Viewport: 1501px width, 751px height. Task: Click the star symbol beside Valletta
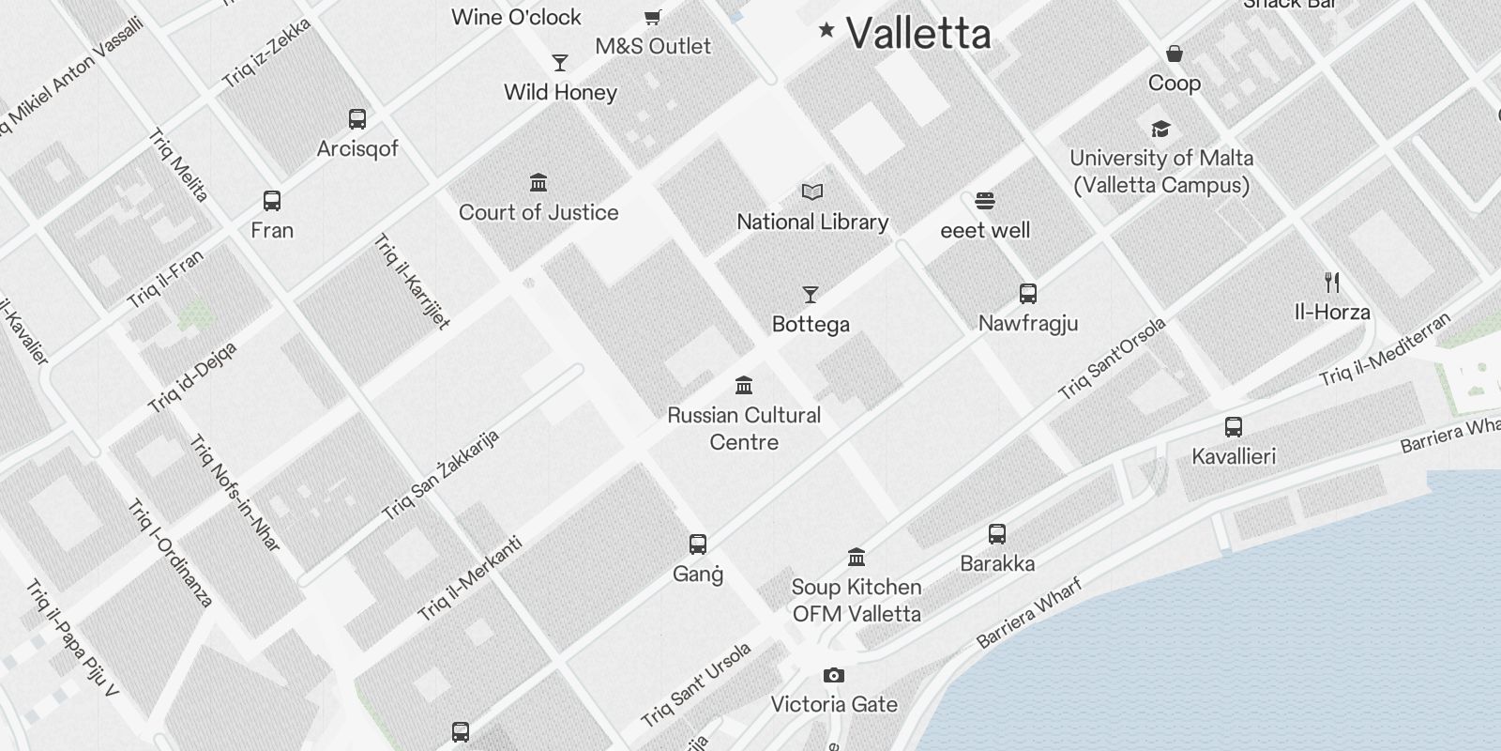tap(826, 30)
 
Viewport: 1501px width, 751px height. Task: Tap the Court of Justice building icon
tap(538, 182)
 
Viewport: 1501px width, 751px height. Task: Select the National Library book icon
tap(812, 192)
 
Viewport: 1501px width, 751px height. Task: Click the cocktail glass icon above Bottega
tap(811, 295)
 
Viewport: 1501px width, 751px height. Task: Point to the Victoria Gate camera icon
tap(834, 676)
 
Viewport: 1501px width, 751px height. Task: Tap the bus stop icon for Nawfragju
tap(1028, 294)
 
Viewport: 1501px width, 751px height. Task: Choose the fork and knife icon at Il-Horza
tap(1332, 282)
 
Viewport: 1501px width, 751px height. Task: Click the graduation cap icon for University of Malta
tap(1161, 130)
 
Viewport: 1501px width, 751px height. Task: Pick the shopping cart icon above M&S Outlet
tap(653, 17)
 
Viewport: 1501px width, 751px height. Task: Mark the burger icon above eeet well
tap(984, 201)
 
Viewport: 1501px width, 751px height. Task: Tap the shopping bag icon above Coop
tap(1175, 54)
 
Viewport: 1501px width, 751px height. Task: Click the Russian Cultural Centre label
tap(744, 428)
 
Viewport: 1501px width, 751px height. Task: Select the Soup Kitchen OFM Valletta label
tap(857, 600)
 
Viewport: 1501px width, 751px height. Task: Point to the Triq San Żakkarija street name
tap(441, 476)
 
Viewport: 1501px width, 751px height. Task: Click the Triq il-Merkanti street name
tap(470, 578)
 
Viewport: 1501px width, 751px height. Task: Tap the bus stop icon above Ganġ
tap(698, 544)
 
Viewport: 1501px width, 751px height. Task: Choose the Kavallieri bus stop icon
tap(1234, 427)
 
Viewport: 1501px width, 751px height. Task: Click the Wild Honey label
tap(560, 92)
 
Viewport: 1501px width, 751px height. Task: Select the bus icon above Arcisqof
tap(357, 119)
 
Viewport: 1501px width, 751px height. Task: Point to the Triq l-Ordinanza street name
tap(171, 554)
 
